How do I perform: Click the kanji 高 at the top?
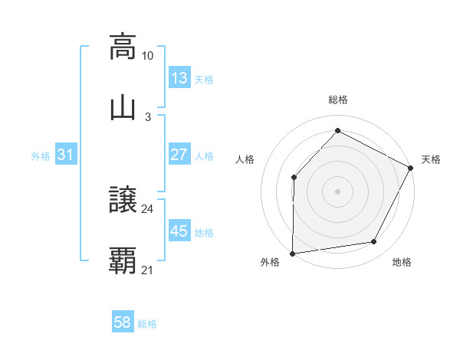tap(123, 47)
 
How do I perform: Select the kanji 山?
tap(123, 107)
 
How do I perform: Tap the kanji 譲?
tap(123, 199)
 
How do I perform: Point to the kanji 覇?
tap(123, 260)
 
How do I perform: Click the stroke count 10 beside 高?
tap(148, 56)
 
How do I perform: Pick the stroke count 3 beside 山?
tap(148, 116)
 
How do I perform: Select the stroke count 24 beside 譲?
tap(148, 208)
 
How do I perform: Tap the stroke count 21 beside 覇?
tap(148, 270)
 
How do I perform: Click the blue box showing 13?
tap(179, 78)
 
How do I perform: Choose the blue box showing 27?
tap(179, 155)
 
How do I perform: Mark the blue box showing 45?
tap(179, 231)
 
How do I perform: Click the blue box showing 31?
tap(66, 155)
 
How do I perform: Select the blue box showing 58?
tap(123, 323)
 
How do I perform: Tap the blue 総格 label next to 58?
tap(147, 324)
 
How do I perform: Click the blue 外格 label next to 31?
tap(41, 155)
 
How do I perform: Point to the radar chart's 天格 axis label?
tap(431, 159)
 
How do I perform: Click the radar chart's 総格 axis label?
tap(338, 100)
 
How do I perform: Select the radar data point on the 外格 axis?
tap(293, 253)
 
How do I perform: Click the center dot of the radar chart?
tap(338, 191)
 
